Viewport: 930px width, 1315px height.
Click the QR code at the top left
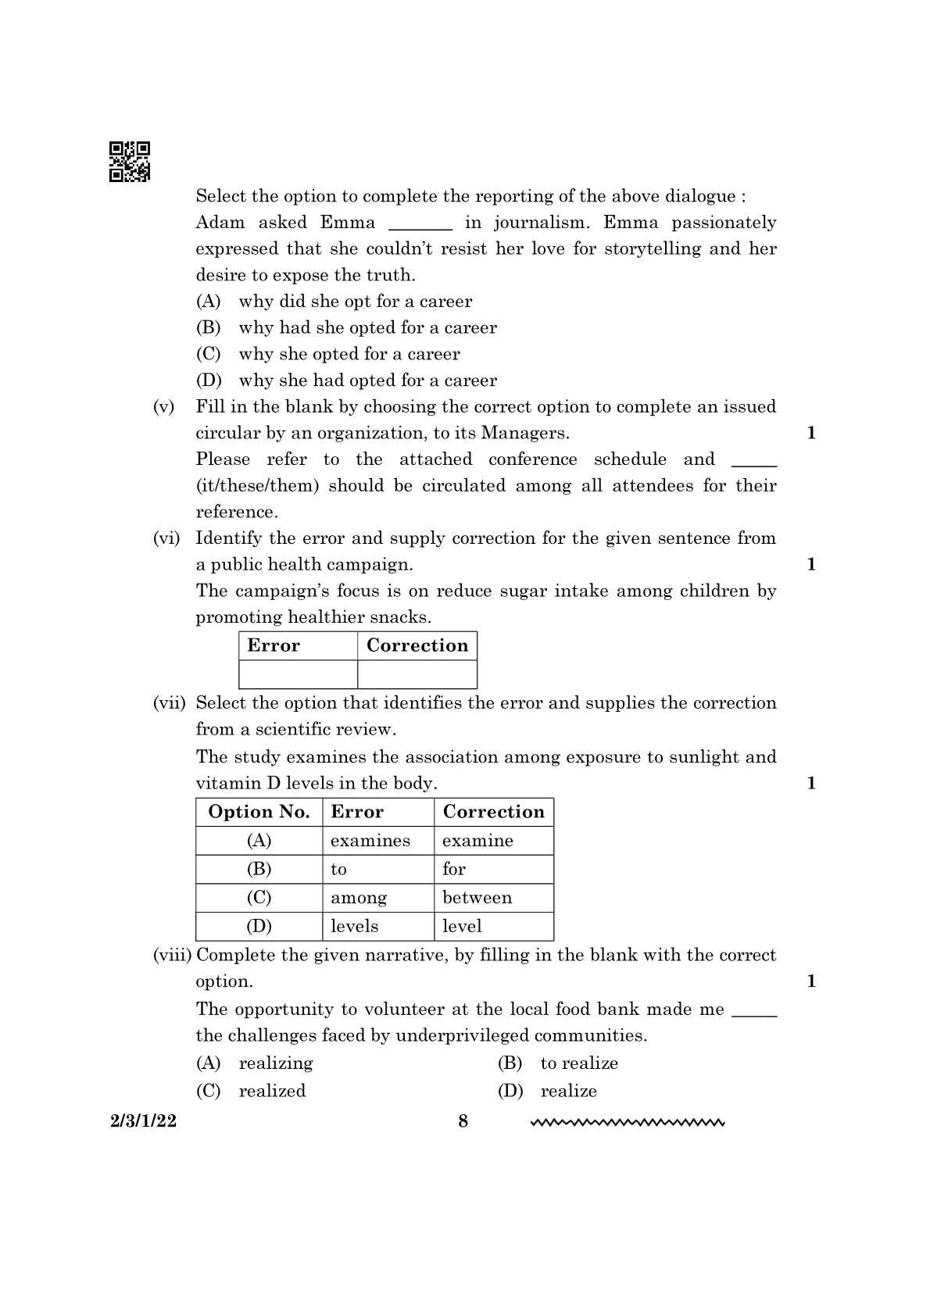point(129,162)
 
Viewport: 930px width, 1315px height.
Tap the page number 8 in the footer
point(463,1121)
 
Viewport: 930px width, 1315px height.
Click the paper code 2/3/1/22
point(143,1121)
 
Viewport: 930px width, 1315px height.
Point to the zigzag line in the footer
point(628,1124)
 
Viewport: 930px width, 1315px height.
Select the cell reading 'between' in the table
point(477,898)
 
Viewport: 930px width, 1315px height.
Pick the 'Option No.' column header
point(259,812)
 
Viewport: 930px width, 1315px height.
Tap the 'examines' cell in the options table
point(370,841)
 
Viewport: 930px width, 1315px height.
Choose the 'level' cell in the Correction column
point(462,927)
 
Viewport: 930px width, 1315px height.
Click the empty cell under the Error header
point(298,674)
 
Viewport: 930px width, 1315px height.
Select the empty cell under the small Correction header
point(417,674)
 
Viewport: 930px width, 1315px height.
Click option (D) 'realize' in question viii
point(568,1091)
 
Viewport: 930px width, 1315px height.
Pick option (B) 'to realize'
point(578,1063)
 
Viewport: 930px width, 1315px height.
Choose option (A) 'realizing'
point(275,1063)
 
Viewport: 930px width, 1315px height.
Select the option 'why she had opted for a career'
point(367,381)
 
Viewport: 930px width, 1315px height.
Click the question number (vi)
point(166,538)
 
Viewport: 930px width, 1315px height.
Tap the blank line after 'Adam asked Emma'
point(420,225)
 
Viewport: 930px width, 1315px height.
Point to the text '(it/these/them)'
point(257,486)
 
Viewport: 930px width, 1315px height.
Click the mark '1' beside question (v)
point(810,433)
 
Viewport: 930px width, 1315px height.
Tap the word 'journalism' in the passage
point(539,223)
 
